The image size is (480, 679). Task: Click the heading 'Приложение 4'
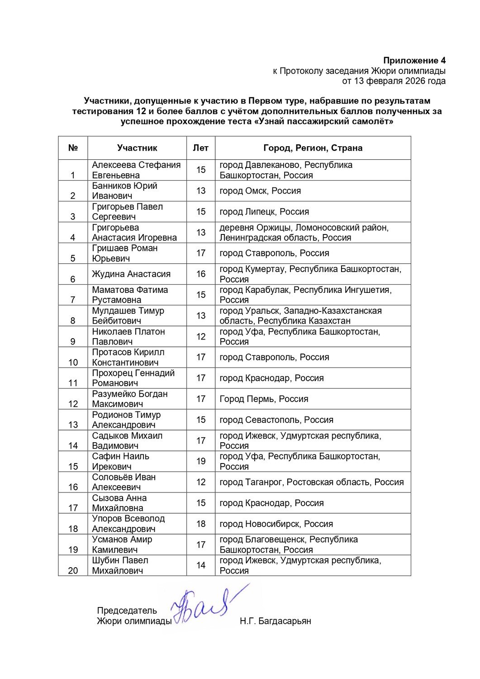click(x=414, y=61)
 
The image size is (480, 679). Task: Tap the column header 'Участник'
click(x=137, y=148)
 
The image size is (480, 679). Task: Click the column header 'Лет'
click(x=201, y=148)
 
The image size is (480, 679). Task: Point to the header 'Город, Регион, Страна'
click(x=313, y=148)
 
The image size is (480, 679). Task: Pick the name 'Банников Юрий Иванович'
click(x=125, y=191)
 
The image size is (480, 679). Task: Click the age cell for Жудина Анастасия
click(x=201, y=274)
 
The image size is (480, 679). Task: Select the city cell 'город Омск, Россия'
click(x=260, y=191)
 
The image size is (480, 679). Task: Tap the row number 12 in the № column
click(x=73, y=404)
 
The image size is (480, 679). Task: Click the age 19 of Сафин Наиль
click(x=201, y=461)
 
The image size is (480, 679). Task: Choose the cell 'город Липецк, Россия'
click(x=264, y=211)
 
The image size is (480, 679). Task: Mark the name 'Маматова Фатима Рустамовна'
click(x=130, y=295)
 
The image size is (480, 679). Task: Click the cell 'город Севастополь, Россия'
click(x=276, y=420)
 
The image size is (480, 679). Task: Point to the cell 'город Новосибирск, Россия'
click(x=276, y=524)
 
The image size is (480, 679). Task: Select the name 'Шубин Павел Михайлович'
click(x=120, y=565)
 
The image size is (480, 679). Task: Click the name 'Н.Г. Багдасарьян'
click(x=275, y=621)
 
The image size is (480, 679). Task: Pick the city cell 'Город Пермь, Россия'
click(x=264, y=399)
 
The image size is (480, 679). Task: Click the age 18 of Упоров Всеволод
click(x=201, y=524)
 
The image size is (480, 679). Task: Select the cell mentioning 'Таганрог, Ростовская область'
click(x=311, y=482)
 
